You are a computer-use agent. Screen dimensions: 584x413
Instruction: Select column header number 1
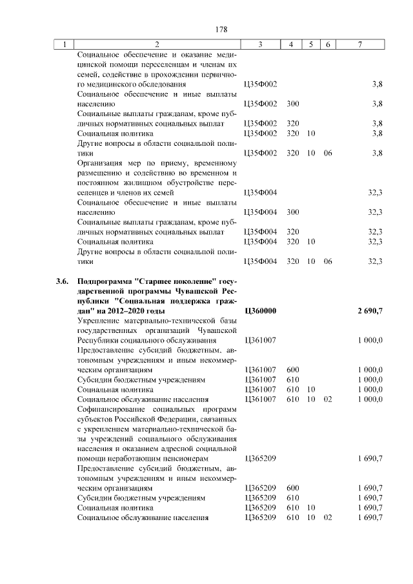(65, 45)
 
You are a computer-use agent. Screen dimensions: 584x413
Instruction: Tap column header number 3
(260, 45)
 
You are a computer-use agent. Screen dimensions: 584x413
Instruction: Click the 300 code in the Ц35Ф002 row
(292, 103)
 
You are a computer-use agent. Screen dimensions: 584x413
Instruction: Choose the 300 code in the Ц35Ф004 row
(292, 212)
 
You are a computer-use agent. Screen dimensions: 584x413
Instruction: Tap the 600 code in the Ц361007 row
(292, 370)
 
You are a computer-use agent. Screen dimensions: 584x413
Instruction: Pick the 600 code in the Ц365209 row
(292, 488)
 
